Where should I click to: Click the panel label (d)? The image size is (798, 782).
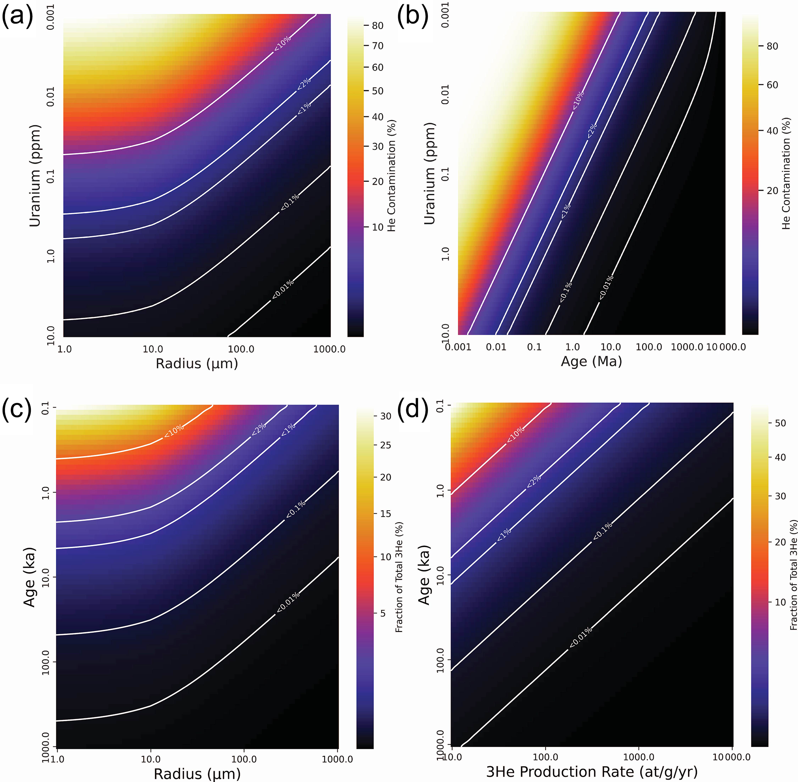click(412, 409)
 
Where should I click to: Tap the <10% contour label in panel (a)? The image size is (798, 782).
click(282, 43)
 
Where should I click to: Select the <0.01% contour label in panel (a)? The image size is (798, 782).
click(283, 289)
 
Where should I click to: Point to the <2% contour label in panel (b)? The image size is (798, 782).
click(592, 130)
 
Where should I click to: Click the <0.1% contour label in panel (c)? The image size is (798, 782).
click(296, 509)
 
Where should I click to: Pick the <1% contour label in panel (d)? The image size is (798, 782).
click(504, 534)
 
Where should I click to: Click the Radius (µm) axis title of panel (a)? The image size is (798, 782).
click(197, 364)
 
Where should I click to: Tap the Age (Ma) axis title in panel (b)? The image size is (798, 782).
click(591, 361)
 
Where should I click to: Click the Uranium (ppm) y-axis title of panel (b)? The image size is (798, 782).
click(429, 173)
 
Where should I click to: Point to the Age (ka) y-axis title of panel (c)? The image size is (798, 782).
click(29, 577)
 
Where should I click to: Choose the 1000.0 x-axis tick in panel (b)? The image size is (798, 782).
click(687, 347)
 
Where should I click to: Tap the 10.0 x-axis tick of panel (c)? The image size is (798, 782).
click(151, 759)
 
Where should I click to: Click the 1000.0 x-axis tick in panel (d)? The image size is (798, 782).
click(639, 757)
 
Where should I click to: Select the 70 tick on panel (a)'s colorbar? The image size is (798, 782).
click(378, 46)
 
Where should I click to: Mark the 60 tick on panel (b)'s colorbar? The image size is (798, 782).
click(772, 85)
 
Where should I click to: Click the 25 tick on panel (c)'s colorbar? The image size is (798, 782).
click(385, 445)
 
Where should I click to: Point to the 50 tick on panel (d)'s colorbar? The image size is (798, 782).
click(780, 423)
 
